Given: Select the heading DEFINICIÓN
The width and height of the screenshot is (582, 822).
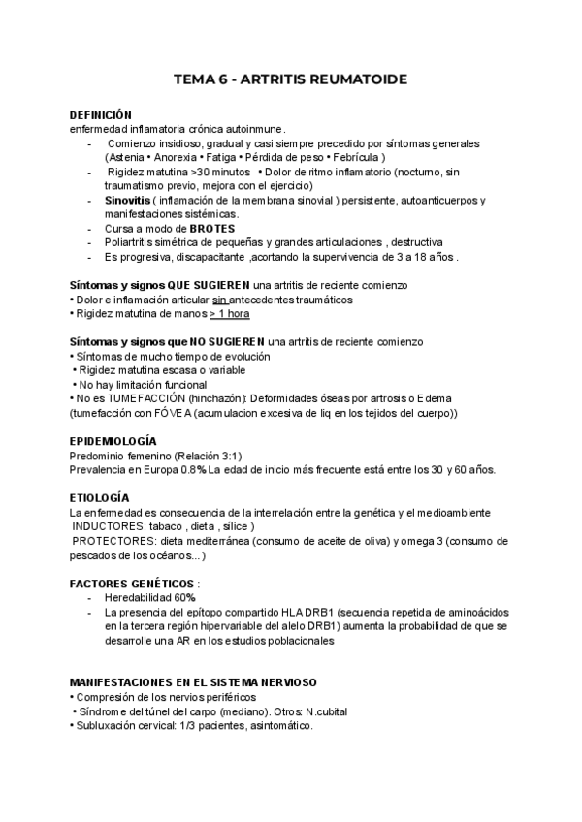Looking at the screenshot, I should tap(102, 114).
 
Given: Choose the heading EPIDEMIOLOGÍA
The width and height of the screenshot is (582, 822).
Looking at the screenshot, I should tap(114, 441).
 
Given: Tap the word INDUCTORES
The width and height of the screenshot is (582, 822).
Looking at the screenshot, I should tap(108, 526).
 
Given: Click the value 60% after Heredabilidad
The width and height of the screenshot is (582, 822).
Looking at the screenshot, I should tap(182, 598).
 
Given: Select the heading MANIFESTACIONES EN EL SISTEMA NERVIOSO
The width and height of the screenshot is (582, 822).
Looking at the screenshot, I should tap(194, 683).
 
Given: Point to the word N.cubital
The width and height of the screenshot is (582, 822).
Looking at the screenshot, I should tap(321, 711).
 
